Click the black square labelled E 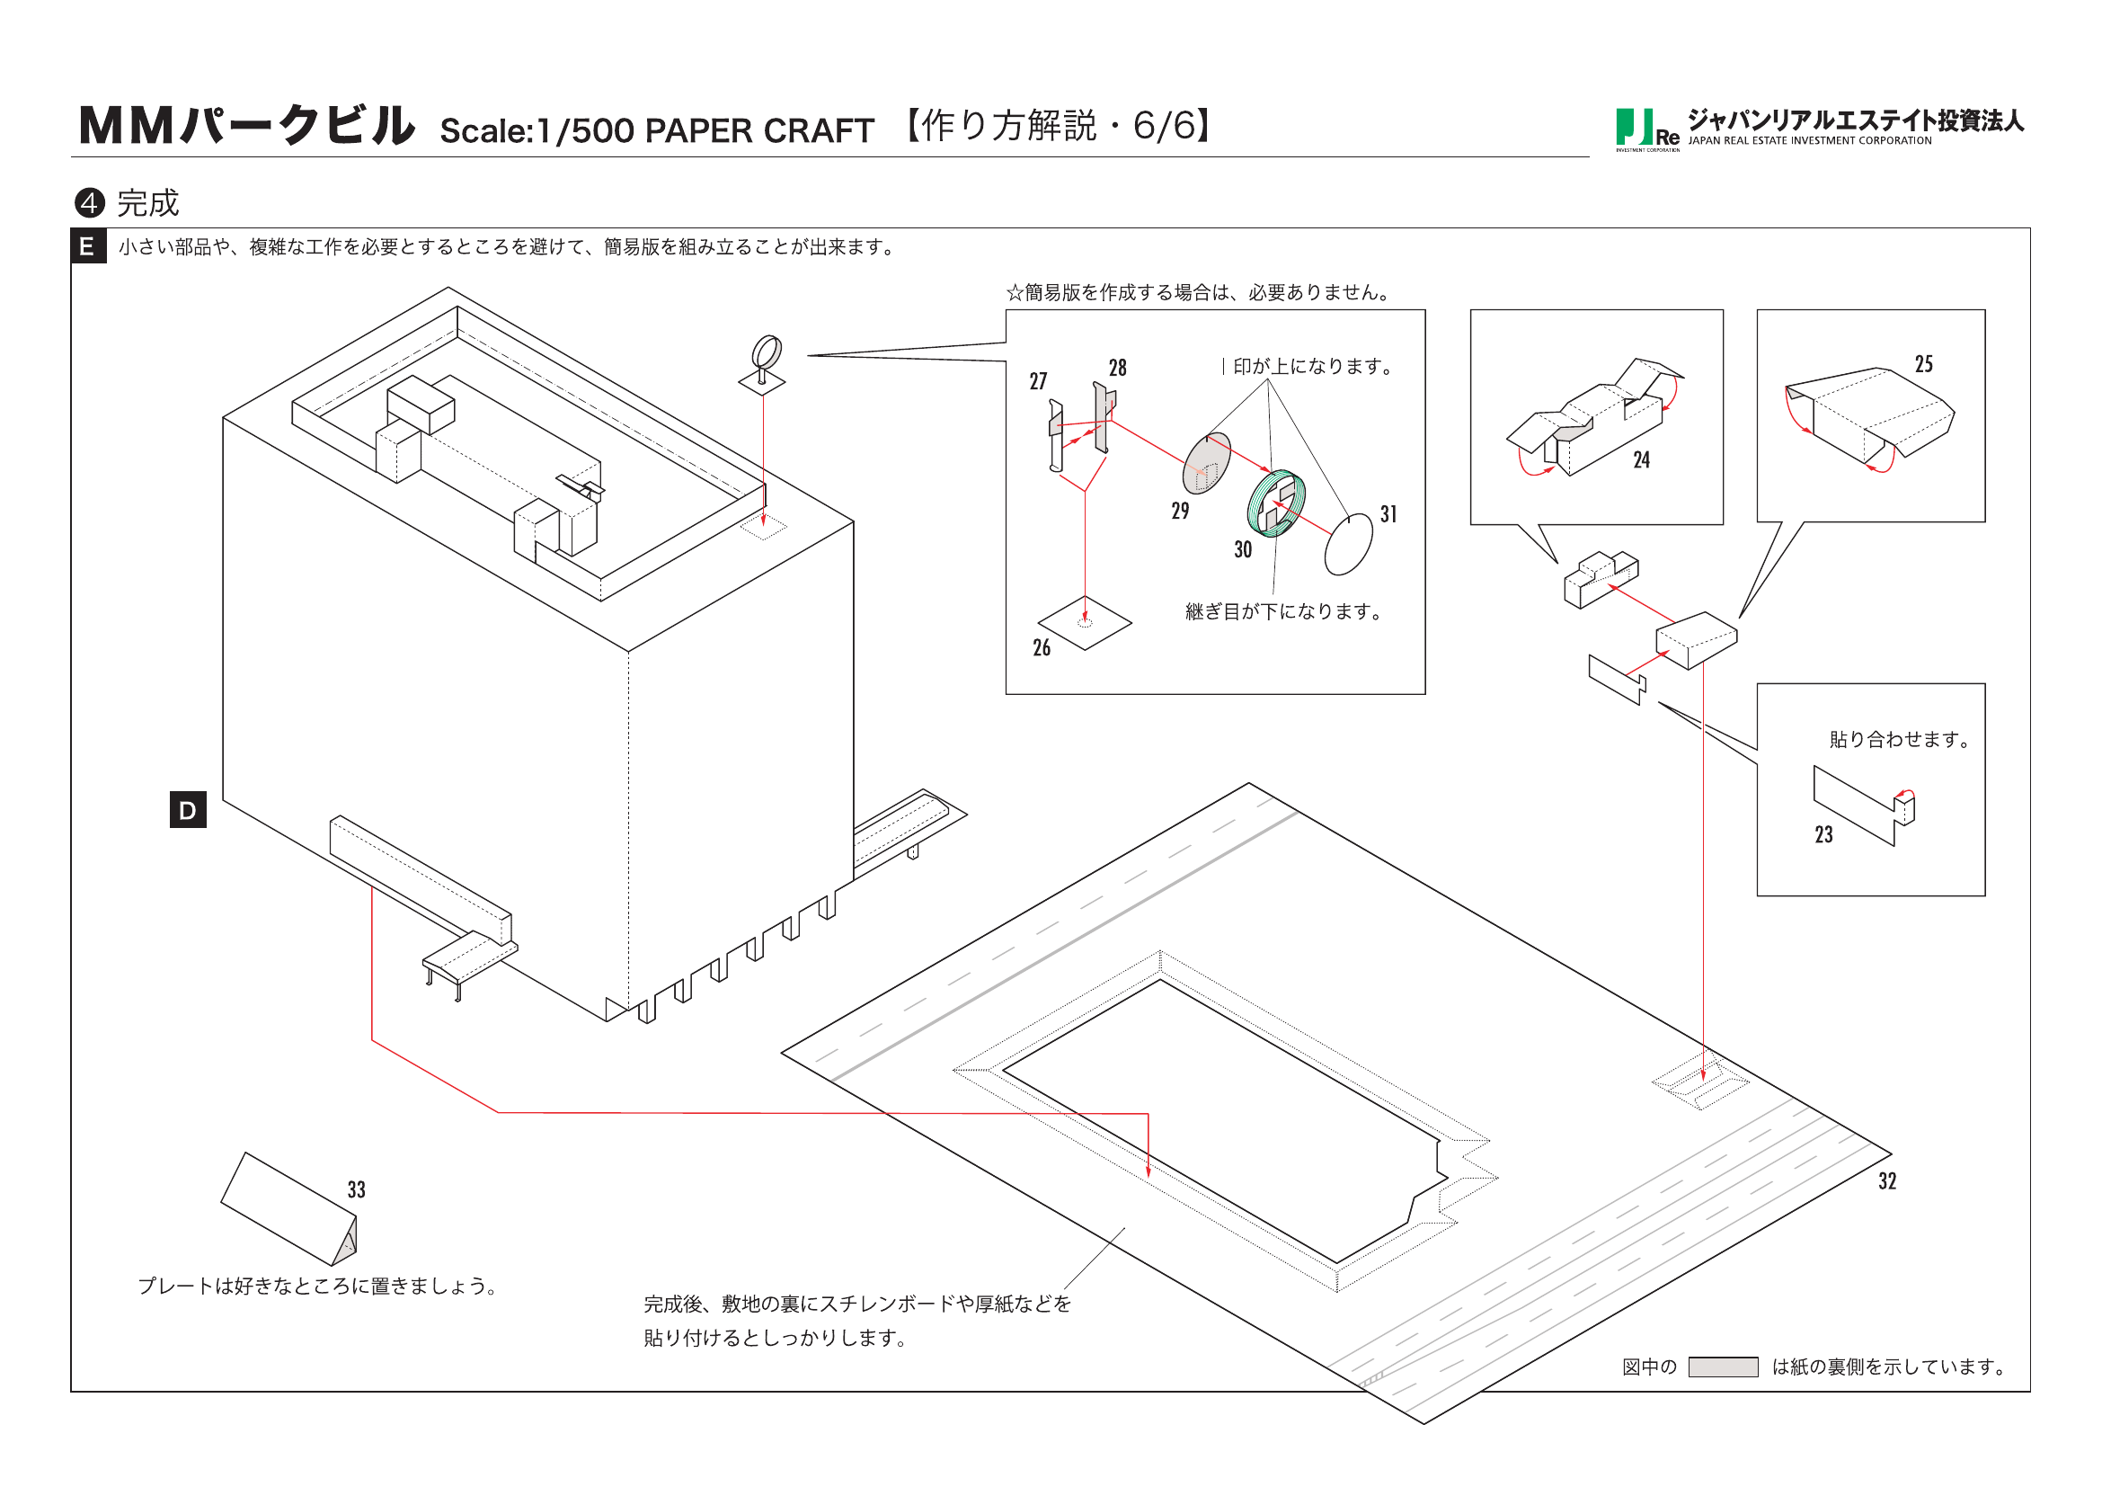coord(88,246)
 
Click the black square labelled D coord(188,809)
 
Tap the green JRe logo coord(1645,129)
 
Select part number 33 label coord(356,1189)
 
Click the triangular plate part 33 coord(288,1209)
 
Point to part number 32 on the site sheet coord(1887,1181)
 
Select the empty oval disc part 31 coord(1348,544)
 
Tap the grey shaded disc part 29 coord(1207,464)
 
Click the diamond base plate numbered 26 coord(1085,624)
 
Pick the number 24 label coord(1642,460)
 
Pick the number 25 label coord(1923,364)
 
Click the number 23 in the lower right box coord(1823,834)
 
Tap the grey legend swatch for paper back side coord(1722,1367)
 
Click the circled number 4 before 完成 coord(89,202)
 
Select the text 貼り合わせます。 coord(1900,739)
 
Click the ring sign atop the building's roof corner coord(767,352)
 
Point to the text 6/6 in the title coord(1163,127)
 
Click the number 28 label coord(1117,368)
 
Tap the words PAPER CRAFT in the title coord(759,131)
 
